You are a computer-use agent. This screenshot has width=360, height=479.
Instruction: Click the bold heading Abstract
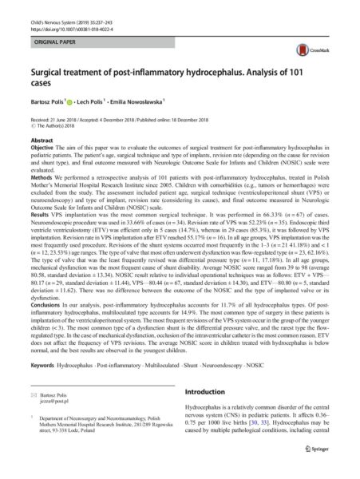tap(42, 140)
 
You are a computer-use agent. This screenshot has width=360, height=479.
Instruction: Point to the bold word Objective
tap(45, 149)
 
